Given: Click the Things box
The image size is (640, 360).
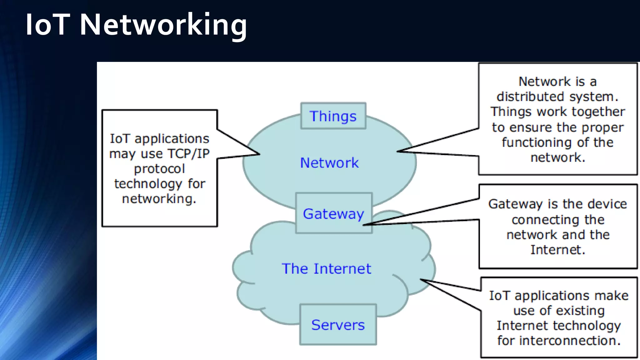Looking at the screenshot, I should coord(333,116).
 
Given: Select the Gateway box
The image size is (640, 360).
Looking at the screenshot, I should coord(333,213).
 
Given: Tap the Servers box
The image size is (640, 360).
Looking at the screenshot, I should coord(338,325).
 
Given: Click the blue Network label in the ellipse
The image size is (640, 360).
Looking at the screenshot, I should coord(329,163).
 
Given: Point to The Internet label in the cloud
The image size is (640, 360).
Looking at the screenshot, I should coord(326,269).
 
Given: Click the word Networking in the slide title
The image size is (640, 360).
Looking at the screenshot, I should coord(163,25).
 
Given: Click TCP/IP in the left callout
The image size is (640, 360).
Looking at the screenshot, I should coord(188,153).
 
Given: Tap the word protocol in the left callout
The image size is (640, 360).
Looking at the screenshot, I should coord(159,169).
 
